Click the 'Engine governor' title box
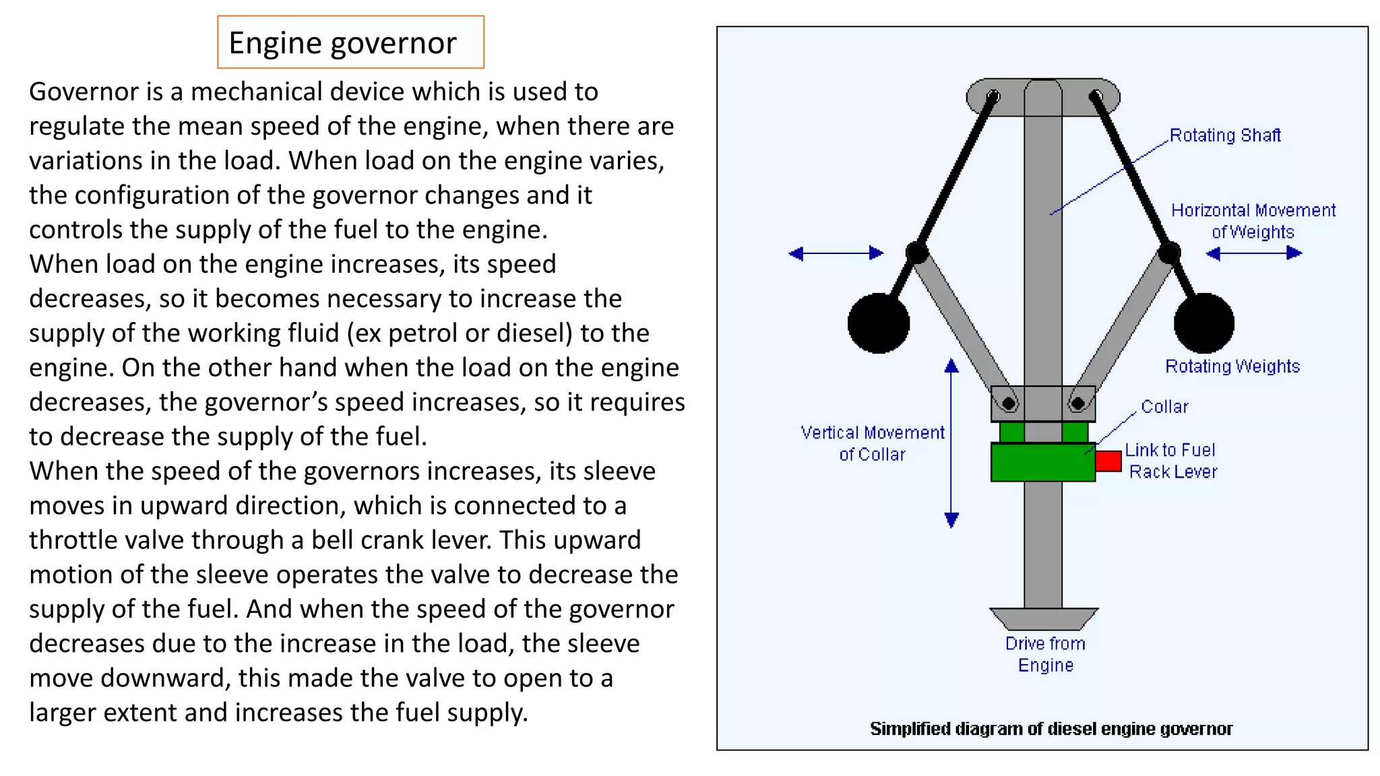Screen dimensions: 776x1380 [350, 42]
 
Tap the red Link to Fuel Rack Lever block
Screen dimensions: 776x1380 [1108, 461]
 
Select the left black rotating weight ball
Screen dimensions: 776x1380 [878, 323]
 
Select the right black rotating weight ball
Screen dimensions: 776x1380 [1204, 323]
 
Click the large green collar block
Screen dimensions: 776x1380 [1042, 462]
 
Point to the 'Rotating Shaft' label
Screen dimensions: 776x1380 [1224, 135]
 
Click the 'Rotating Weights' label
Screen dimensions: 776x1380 [1232, 366]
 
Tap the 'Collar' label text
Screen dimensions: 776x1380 [1164, 407]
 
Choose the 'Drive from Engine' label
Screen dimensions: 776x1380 [1045, 654]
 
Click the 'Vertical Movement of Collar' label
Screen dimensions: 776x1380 [872, 443]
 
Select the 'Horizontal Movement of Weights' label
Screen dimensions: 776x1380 [1253, 221]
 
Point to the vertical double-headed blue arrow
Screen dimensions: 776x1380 [951, 443]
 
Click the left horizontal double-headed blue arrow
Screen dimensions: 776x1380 [836, 253]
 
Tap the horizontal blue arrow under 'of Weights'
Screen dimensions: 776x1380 [1253, 253]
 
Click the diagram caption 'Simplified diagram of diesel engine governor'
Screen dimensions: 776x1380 [1050, 729]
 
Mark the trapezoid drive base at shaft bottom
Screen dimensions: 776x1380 [1043, 618]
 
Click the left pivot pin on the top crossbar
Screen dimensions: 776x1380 [993, 96]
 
